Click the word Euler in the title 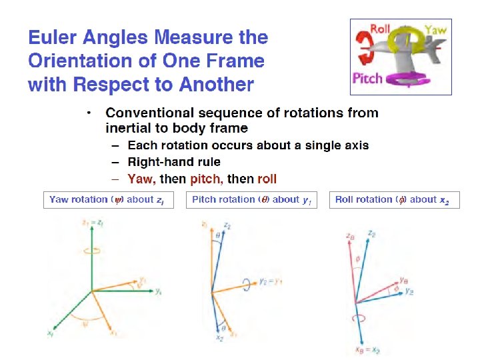(x=51, y=38)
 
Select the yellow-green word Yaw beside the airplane (x=437, y=29)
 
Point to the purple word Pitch (x=367, y=78)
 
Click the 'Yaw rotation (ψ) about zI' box (x=109, y=199)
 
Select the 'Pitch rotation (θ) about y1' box (x=251, y=199)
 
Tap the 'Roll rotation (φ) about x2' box (x=392, y=199)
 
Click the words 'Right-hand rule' (x=174, y=161)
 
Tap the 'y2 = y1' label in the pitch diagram (x=271, y=281)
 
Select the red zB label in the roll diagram (x=349, y=235)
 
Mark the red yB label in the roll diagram (x=404, y=280)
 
